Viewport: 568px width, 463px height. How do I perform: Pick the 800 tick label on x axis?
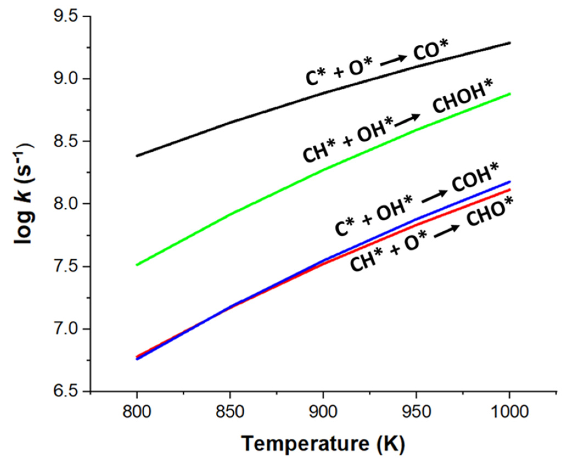pyautogui.click(x=137, y=412)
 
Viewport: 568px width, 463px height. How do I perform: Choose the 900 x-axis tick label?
pyautogui.click(x=323, y=412)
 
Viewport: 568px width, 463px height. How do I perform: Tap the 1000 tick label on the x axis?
pyautogui.click(x=510, y=412)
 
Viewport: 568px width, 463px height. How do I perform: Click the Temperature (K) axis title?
pyautogui.click(x=323, y=444)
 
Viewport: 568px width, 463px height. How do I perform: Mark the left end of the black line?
pyautogui.click(x=137, y=156)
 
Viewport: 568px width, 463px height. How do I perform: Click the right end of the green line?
pyautogui.click(x=510, y=94)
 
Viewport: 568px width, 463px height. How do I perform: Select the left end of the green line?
pyautogui.click(x=137, y=265)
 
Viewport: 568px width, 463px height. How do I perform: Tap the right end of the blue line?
pyautogui.click(x=510, y=182)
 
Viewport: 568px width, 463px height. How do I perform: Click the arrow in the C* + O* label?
pyautogui.click(x=393, y=60)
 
